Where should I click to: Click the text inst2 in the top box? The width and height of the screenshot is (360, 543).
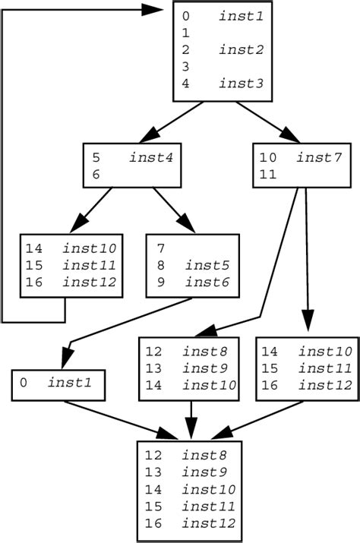click(241, 50)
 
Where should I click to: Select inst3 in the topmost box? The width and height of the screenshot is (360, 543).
click(241, 84)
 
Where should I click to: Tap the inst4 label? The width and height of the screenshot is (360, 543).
click(150, 158)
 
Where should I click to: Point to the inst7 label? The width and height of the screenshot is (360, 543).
click(320, 158)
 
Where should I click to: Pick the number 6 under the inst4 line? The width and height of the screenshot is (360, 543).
click(96, 175)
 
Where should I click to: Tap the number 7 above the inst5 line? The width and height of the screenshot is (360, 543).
click(162, 248)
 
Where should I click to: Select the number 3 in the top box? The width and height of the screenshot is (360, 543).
click(186, 67)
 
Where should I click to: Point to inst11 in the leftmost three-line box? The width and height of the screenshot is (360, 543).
click(90, 266)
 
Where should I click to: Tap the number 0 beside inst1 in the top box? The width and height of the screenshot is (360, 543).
click(186, 16)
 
